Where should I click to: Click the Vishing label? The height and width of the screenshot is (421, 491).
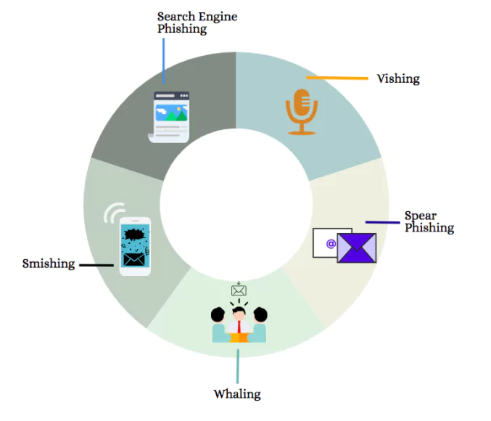pos(398,78)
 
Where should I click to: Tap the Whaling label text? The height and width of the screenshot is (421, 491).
pos(237,394)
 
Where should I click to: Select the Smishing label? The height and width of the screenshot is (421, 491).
pos(49,263)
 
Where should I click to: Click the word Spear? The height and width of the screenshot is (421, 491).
pos(420,216)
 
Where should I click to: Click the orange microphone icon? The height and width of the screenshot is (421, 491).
pos(302,112)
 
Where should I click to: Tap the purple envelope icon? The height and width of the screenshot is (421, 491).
pos(357,248)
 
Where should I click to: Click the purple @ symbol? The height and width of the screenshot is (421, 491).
pos(331,244)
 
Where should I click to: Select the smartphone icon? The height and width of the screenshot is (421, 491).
pos(136,246)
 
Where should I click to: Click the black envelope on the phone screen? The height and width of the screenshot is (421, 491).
pos(134,260)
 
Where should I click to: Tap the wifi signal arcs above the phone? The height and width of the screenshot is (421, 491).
pos(115,212)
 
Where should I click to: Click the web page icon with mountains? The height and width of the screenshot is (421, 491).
pos(169,117)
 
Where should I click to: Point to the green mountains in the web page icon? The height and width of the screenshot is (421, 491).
pos(176,115)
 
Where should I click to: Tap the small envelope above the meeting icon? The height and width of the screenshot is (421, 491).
pos(239,290)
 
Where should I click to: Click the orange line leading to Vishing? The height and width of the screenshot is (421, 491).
pos(337,78)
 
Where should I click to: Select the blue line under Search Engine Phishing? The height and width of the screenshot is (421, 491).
pos(163,61)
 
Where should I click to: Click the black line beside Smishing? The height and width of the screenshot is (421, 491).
pos(96,265)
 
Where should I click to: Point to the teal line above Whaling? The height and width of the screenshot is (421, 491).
pos(238,366)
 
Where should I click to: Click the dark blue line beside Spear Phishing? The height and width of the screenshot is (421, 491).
pos(383,222)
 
